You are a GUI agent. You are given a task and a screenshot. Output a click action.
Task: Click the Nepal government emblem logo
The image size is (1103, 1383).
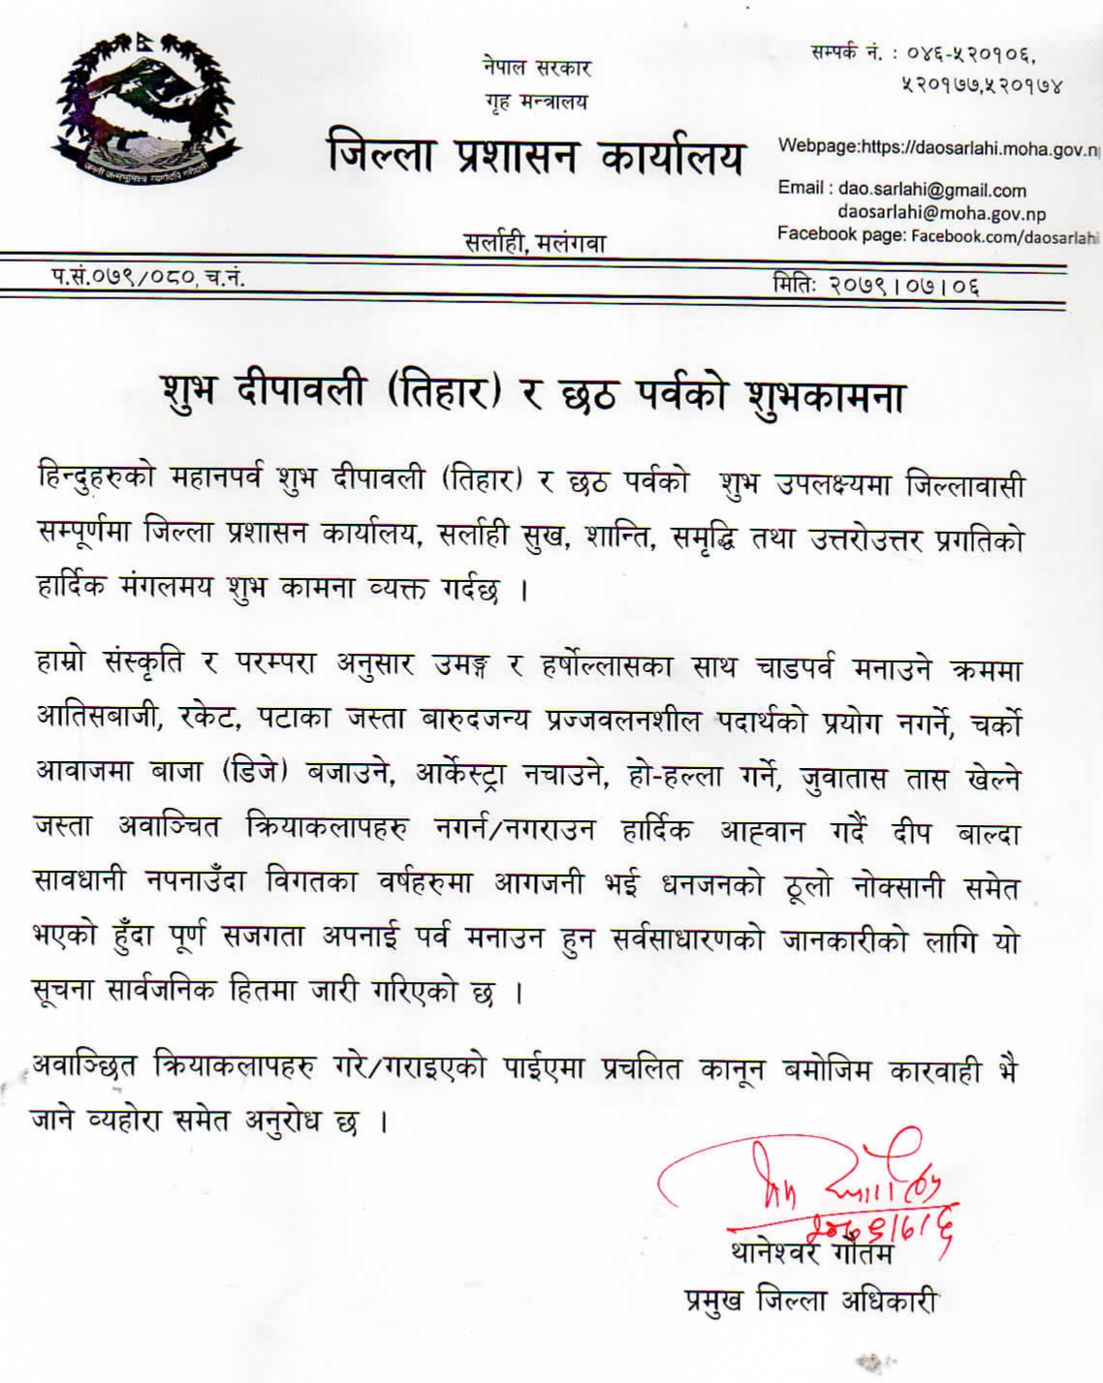[145, 111]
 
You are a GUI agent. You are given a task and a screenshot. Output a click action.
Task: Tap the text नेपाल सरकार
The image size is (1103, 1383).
[536, 67]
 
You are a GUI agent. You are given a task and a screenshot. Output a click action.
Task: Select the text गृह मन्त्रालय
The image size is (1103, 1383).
[536, 101]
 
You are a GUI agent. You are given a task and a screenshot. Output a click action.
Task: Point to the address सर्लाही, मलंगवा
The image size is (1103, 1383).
[535, 242]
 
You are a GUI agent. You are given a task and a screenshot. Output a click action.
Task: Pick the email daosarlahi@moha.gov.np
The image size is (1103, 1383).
[941, 214]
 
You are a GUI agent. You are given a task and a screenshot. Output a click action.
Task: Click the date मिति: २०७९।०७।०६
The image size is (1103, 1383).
[875, 285]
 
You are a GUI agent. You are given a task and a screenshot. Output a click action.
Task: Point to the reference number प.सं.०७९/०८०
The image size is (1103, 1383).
[124, 277]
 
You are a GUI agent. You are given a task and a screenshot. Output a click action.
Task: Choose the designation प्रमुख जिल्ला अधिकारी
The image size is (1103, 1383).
[809, 1300]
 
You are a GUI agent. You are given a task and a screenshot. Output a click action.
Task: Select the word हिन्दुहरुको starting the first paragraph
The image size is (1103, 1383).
[95, 479]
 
